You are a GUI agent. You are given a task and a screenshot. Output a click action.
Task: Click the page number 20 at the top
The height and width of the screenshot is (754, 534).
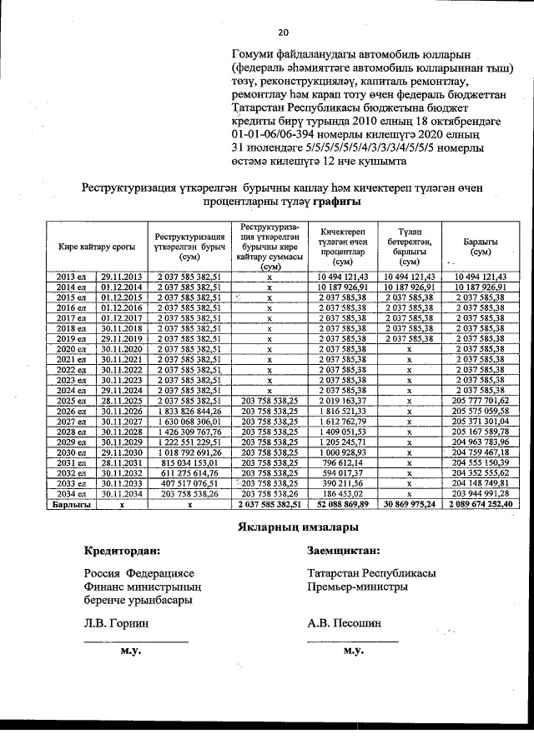point(283,32)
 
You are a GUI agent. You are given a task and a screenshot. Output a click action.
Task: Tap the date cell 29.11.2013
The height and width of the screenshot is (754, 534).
point(123,276)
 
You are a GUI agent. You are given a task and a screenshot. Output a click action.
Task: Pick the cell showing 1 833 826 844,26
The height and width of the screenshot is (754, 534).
point(188,410)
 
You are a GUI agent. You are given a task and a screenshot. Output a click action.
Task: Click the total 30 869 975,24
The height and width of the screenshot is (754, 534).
point(409,504)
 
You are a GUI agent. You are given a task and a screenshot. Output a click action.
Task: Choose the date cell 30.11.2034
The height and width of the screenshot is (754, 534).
point(123,493)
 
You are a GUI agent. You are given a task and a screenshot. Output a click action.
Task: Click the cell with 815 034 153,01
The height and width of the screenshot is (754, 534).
point(188,462)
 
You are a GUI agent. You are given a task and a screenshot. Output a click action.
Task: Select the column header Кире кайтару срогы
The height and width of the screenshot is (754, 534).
point(97,247)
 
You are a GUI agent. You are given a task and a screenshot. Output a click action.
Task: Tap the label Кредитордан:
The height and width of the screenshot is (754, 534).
point(123,551)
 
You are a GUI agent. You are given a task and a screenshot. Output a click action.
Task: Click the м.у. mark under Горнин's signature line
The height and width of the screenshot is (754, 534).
point(128,650)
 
